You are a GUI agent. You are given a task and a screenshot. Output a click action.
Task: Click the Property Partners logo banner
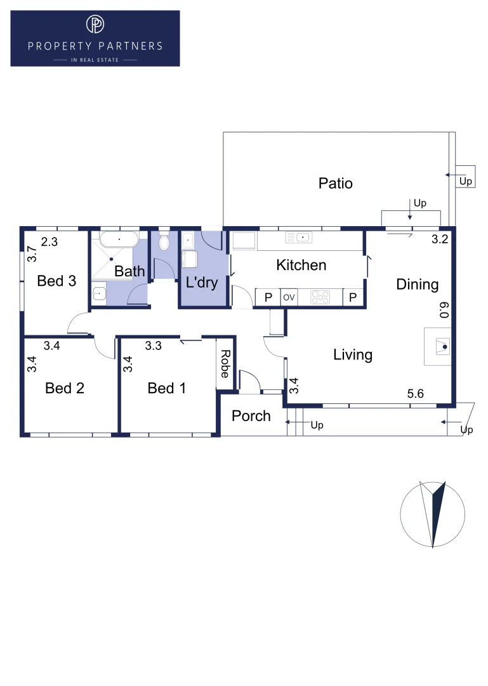click(95, 38)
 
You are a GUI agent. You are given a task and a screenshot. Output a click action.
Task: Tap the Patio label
click(335, 184)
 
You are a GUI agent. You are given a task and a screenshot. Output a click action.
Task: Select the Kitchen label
click(301, 265)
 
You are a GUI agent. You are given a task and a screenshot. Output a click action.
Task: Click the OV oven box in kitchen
click(289, 297)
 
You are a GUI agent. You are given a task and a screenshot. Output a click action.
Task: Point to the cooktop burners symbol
click(320, 297)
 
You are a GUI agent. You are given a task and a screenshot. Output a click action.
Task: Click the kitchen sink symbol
click(300, 238)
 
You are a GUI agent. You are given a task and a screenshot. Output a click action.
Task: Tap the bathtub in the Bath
click(119, 239)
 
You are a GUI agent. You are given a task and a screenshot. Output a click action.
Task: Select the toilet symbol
click(164, 241)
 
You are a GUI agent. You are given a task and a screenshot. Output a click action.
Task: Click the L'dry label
click(201, 282)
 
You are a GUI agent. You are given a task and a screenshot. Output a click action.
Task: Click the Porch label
click(251, 416)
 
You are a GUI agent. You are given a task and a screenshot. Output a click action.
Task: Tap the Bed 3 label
click(56, 280)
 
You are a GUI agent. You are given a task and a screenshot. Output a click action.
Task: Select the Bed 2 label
click(65, 387)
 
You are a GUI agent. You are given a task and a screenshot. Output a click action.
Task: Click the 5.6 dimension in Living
click(416, 394)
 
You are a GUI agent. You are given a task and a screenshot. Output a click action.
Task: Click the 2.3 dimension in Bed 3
click(49, 241)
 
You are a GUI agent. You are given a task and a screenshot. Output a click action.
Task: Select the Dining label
click(417, 284)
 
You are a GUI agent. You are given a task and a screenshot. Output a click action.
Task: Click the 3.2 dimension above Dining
click(440, 239)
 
